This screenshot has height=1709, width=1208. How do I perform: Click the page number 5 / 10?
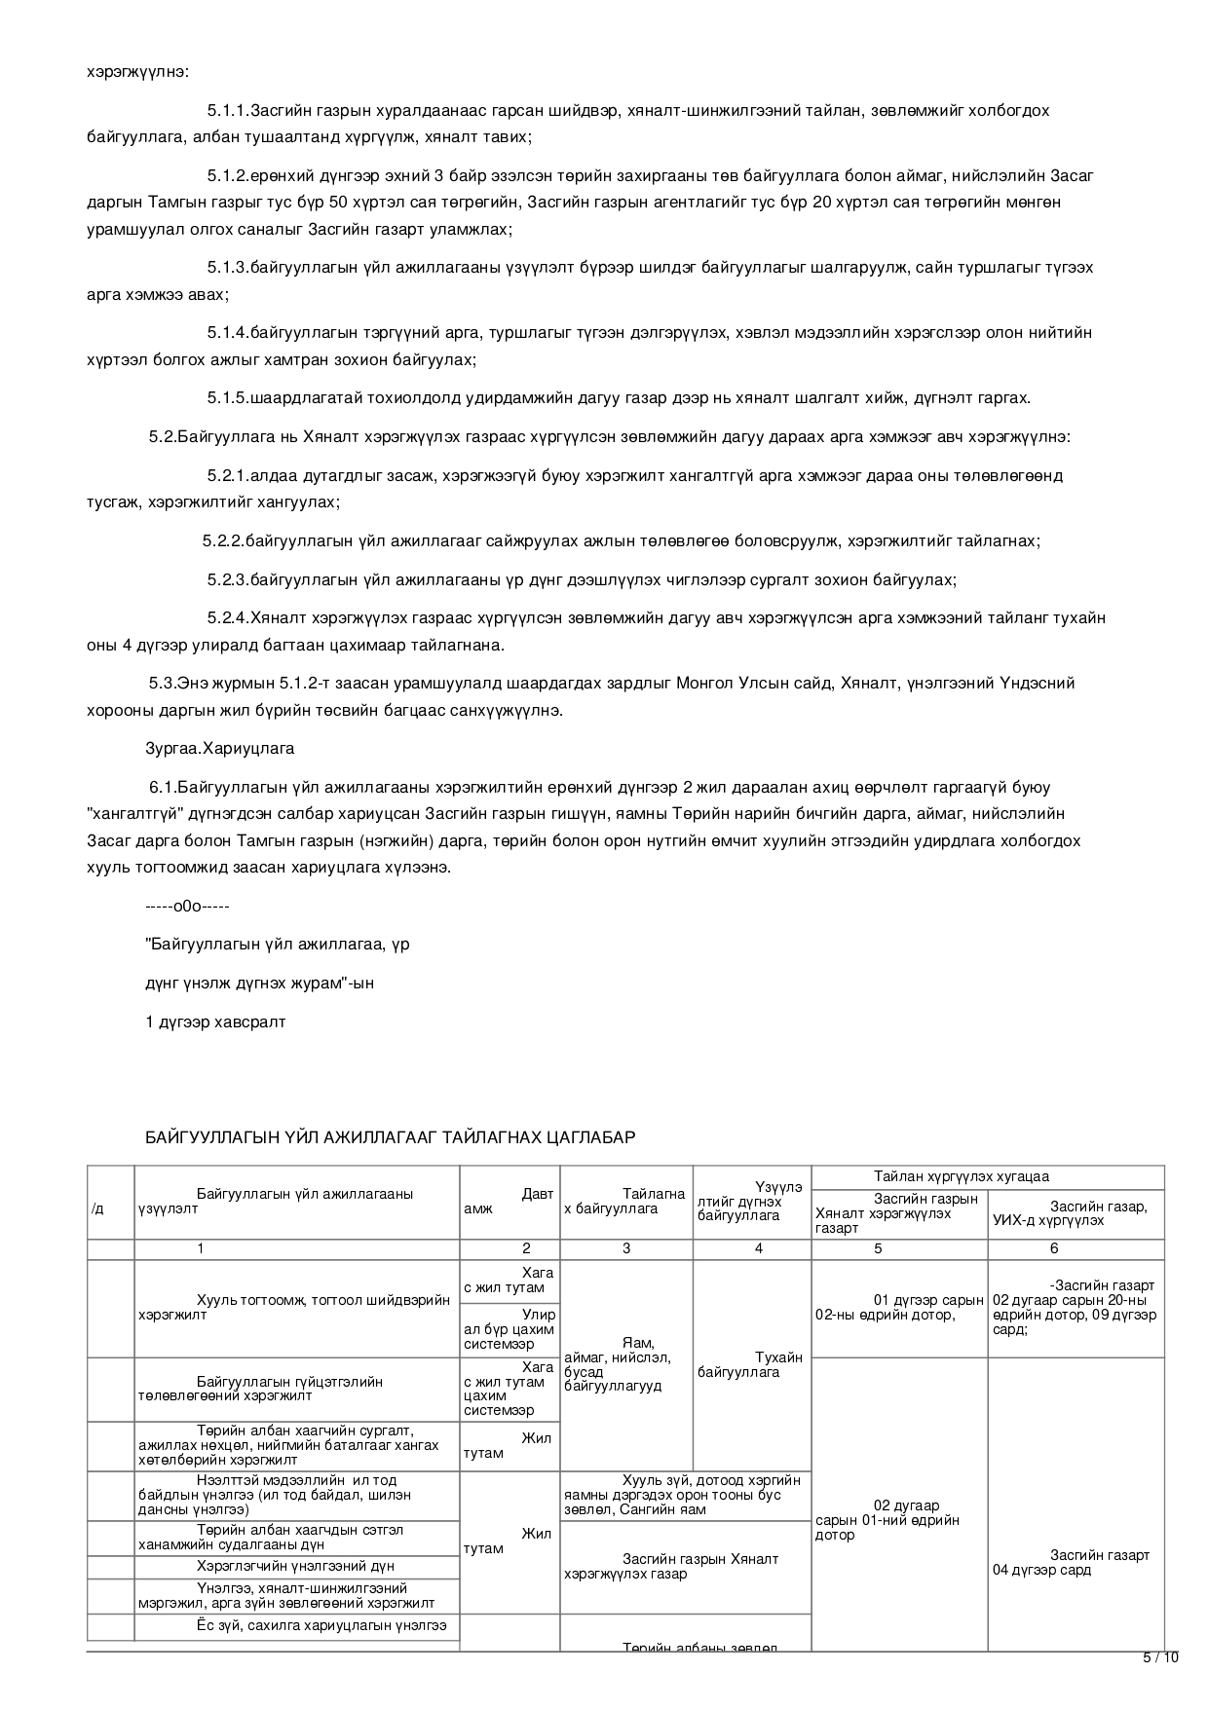tap(1160, 1658)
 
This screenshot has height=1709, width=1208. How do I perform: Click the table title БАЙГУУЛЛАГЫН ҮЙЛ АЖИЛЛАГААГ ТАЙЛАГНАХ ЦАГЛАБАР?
tap(390, 1137)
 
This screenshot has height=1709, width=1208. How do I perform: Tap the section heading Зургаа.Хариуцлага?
tap(219, 749)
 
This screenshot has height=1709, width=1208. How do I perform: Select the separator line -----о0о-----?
tap(187, 907)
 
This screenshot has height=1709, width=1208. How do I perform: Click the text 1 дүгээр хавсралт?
tap(215, 1022)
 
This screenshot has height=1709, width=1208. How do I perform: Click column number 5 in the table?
tap(878, 1248)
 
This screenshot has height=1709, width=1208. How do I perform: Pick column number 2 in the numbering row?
tap(527, 1248)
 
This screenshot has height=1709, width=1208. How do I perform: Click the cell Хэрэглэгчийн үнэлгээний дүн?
tap(295, 1566)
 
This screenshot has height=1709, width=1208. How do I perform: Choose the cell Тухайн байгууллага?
tap(751, 1364)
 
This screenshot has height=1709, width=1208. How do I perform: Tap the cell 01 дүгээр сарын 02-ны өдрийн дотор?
tap(898, 1308)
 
